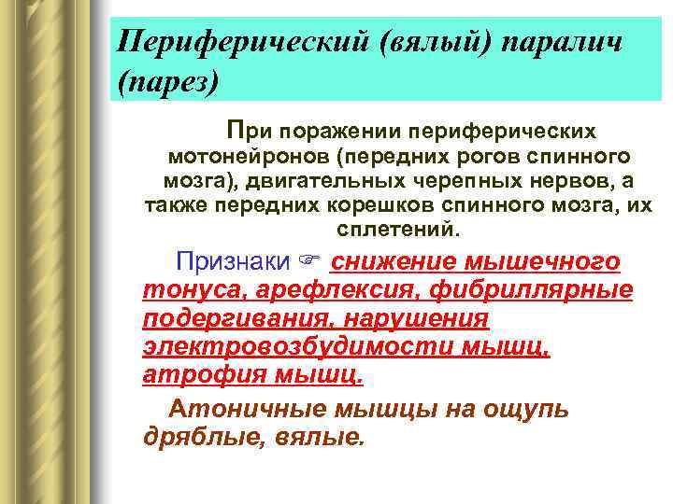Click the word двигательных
[x=308, y=180]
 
